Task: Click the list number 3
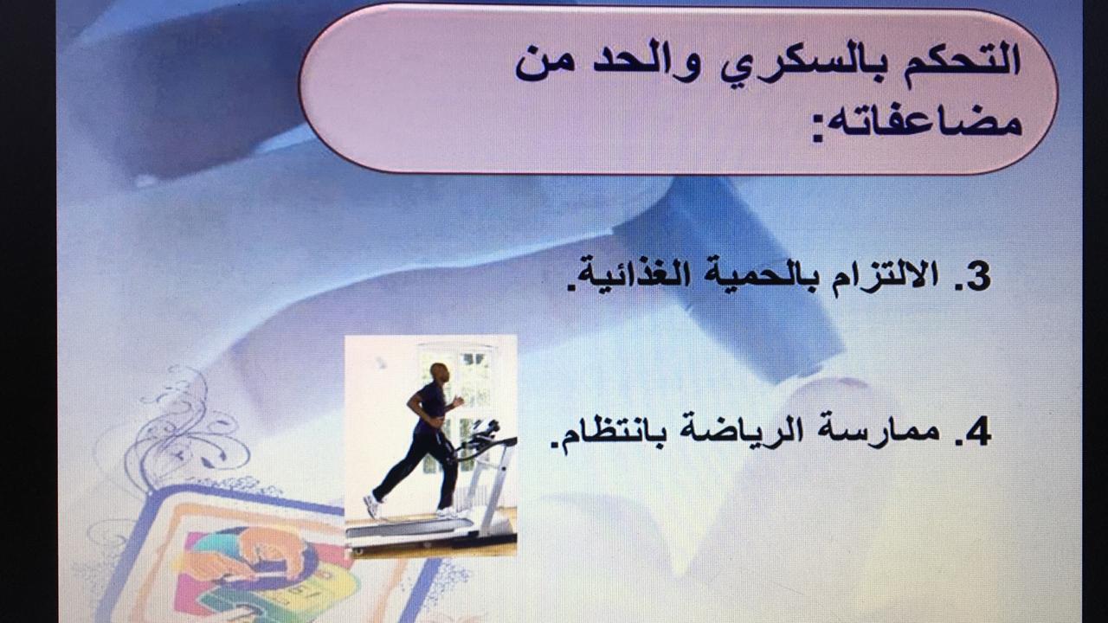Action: click(x=978, y=277)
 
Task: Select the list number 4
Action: click(x=978, y=433)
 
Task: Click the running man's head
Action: click(x=440, y=373)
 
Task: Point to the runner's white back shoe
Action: click(x=371, y=504)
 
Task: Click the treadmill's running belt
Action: click(x=406, y=525)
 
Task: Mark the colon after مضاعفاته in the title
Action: click(x=819, y=130)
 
